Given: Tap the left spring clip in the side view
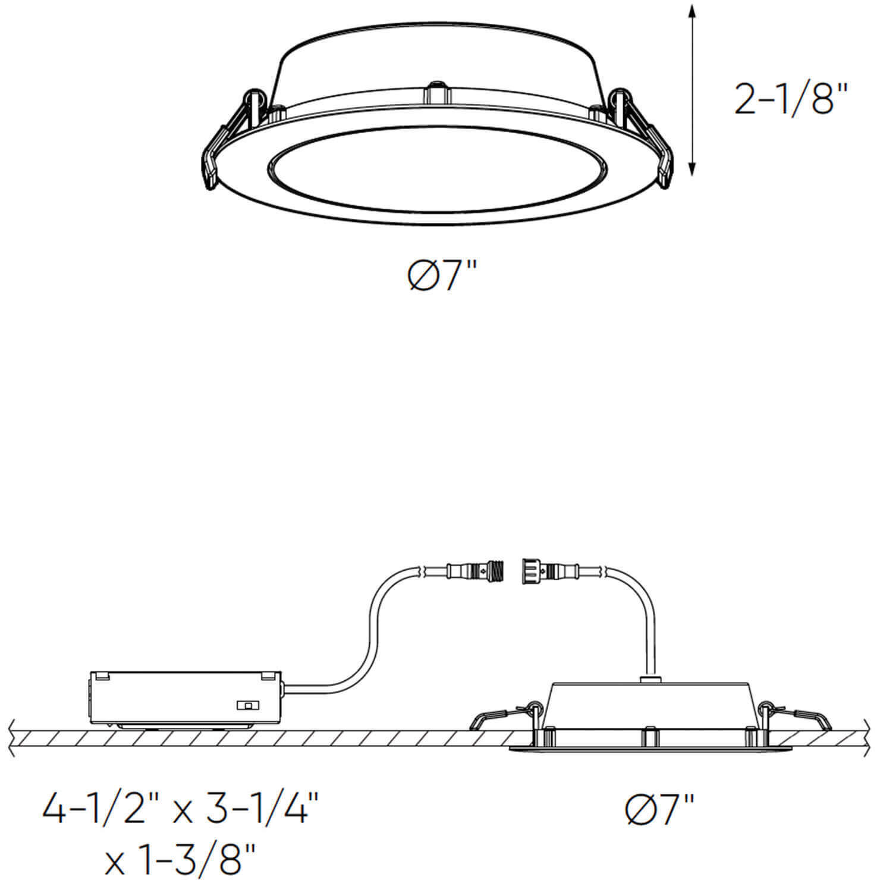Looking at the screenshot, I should coord(499,716).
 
